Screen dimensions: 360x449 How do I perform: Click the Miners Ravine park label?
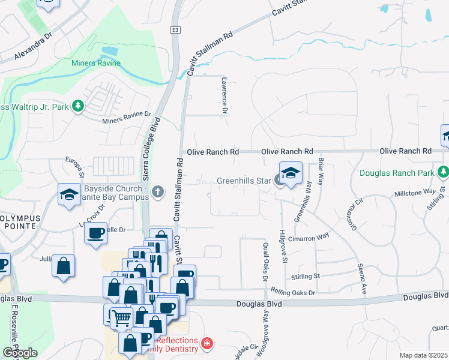[96, 63]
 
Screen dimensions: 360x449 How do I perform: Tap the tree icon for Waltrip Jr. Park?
[77, 107]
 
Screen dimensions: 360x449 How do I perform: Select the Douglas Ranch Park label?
[396, 173]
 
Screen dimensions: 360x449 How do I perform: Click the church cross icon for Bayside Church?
[158, 192]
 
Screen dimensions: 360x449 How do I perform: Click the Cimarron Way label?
[309, 238]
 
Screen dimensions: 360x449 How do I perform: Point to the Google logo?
[20, 353]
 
